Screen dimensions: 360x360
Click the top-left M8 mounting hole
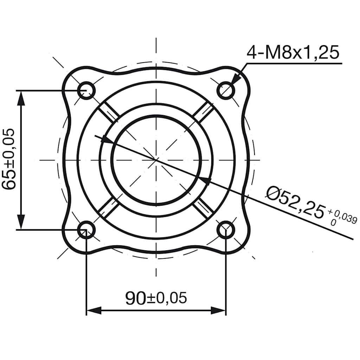coord(86,90)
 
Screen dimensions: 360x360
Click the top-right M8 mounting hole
coord(225,90)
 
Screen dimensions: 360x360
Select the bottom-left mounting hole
coord(86,230)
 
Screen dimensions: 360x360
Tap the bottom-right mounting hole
coord(225,230)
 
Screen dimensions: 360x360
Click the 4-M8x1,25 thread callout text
coord(293,53)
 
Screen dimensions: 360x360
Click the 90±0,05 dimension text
coord(156,298)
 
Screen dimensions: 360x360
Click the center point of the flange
coord(156,160)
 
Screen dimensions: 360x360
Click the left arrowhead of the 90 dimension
coord(93,310)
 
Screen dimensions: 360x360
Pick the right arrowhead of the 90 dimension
coord(219,310)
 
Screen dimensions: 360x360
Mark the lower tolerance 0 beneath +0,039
coord(333,223)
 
